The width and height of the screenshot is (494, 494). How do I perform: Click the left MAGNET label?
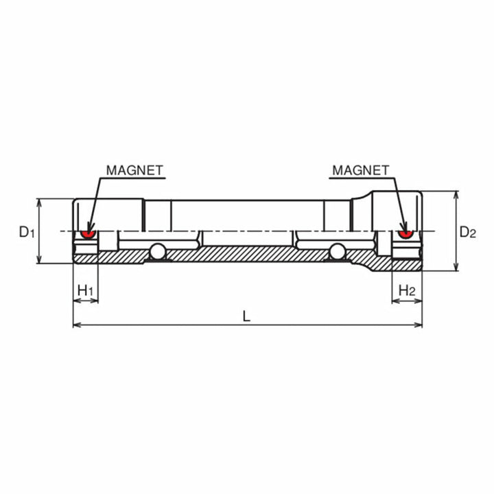click(134, 169)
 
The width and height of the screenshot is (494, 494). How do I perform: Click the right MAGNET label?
click(360, 169)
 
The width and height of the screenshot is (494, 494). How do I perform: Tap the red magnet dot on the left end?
click(87, 234)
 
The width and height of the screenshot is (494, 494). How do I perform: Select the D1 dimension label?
click(26, 233)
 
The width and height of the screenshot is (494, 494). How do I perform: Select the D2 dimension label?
click(467, 233)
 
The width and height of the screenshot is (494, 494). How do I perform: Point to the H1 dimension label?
click(86, 290)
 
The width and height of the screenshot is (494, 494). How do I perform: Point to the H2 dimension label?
click(407, 290)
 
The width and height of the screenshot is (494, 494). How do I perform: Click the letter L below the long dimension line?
click(246, 316)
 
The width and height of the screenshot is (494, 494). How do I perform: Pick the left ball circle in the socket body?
click(158, 252)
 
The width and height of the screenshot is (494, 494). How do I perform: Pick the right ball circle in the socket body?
click(337, 252)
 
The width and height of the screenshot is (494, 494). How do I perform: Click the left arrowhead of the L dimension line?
click(76, 325)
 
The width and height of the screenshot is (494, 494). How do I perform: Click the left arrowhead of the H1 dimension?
click(75, 301)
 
